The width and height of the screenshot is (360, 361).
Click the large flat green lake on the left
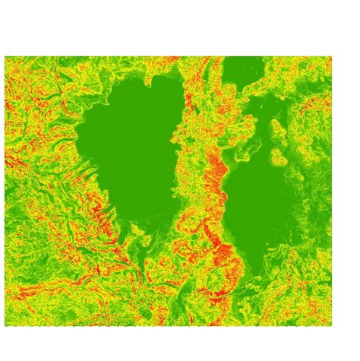(129, 144)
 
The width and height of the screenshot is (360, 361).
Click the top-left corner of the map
(5, 57)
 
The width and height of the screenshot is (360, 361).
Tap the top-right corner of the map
(331, 57)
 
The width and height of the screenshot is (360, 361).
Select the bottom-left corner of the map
(5, 325)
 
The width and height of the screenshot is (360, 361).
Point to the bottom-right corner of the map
(331, 325)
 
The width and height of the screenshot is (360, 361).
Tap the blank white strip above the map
(180, 27)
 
